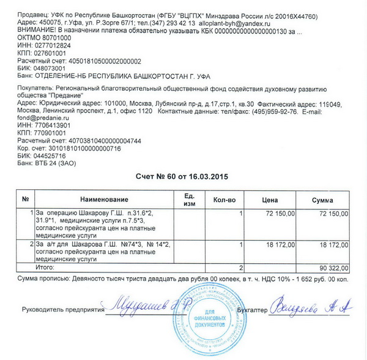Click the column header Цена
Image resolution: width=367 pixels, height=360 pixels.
coord(270,200)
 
